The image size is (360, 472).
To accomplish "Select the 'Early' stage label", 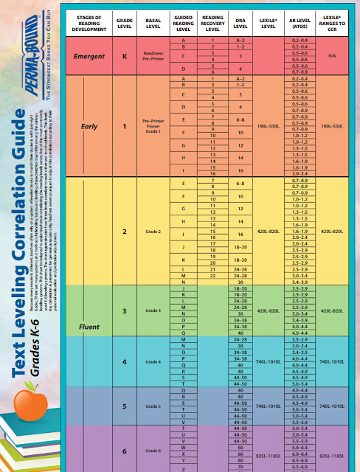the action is click(x=89, y=126).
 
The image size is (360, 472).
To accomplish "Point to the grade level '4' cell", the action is click(x=125, y=361).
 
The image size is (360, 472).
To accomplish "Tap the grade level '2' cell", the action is click(x=125, y=232).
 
